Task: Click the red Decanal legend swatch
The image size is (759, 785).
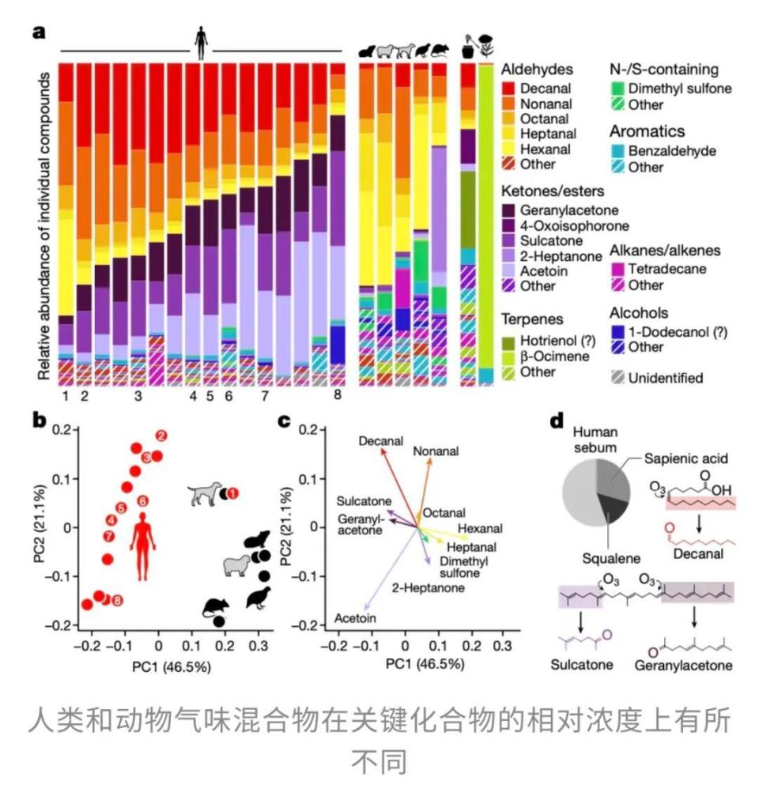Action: coord(512,89)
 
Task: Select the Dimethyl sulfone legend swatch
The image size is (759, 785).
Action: coord(620,89)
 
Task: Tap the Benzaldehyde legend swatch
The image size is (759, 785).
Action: coord(620,150)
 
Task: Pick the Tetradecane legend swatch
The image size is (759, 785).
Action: coord(620,269)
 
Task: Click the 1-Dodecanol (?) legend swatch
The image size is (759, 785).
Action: coord(620,331)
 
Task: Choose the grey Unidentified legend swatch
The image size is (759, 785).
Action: coord(620,378)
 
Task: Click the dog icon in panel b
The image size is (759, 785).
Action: coord(204,495)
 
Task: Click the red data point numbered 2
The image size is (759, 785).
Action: coord(161,435)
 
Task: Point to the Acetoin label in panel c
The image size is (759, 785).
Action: coord(355,618)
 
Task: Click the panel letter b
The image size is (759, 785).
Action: coord(39,419)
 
